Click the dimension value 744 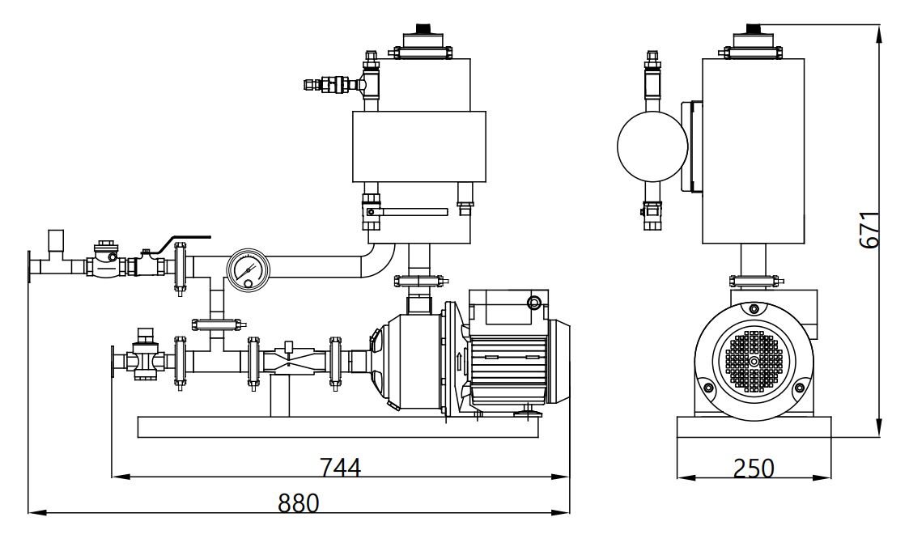coord(340,468)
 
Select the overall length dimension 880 coord(299,503)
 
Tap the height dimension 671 coord(868,230)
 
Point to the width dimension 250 coord(754,469)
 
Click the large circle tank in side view coord(652,146)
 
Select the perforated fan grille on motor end coord(754,361)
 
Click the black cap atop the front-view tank coord(423,29)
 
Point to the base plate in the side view coord(754,426)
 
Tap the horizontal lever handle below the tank coord(414,212)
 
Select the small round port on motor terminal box coord(533,303)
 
